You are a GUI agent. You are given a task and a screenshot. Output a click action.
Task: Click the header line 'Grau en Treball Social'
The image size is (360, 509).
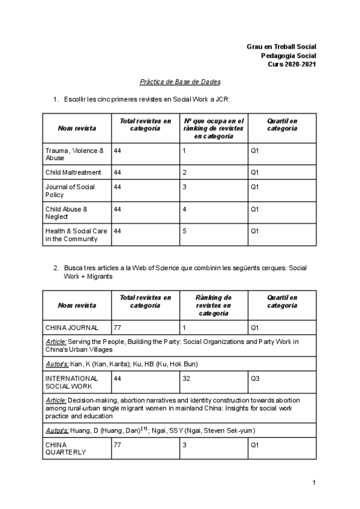click(281, 46)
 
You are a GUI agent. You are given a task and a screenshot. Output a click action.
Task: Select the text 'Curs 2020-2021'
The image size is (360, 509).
click(292, 64)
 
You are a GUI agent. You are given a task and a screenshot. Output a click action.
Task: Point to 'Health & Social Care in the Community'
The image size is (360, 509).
click(76, 235)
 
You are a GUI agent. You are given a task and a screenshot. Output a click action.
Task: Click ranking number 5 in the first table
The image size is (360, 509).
click(185, 230)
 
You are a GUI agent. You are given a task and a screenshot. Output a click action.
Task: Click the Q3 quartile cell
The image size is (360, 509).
click(255, 379)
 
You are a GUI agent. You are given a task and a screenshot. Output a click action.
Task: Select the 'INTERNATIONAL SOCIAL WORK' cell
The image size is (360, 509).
click(71, 382)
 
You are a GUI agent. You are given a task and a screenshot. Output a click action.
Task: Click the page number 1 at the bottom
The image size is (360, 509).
click(314, 483)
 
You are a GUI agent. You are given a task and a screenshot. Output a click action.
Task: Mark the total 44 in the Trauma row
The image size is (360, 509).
click(118, 151)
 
